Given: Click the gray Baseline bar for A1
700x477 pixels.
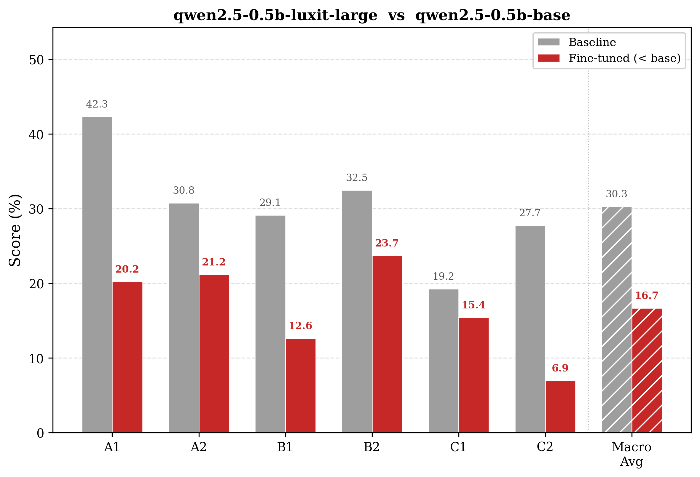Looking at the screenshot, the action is point(97,275).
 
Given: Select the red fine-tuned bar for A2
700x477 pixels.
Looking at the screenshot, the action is point(214,354).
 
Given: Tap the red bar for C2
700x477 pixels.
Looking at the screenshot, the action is point(560,407).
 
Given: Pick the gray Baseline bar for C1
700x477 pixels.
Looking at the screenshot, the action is point(443,361).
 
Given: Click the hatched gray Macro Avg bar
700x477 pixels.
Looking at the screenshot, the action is point(617,320).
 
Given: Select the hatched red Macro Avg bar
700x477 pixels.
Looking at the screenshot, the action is point(647,370).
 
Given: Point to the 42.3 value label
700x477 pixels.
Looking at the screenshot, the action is point(97,104).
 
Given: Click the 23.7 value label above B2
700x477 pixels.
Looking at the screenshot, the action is point(387,243).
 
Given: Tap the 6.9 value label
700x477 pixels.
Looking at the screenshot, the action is point(560,368).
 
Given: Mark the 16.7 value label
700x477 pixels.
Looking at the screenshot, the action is point(647,295).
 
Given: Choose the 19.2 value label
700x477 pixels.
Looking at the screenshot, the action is point(443,276).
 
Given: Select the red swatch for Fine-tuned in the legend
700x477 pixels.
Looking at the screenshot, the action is point(548,58).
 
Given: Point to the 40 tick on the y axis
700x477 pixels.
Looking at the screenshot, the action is point(36,135).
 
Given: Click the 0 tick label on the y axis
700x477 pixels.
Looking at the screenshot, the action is point(40,433).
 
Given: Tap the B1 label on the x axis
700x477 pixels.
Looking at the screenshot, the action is point(285,447).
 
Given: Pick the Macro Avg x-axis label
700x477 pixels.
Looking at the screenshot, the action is point(632,454).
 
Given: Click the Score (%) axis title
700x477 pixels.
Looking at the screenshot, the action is point(15,230).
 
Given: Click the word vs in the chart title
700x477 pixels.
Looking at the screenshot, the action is point(396,15).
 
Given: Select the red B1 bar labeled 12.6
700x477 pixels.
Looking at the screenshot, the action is point(301,386).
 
